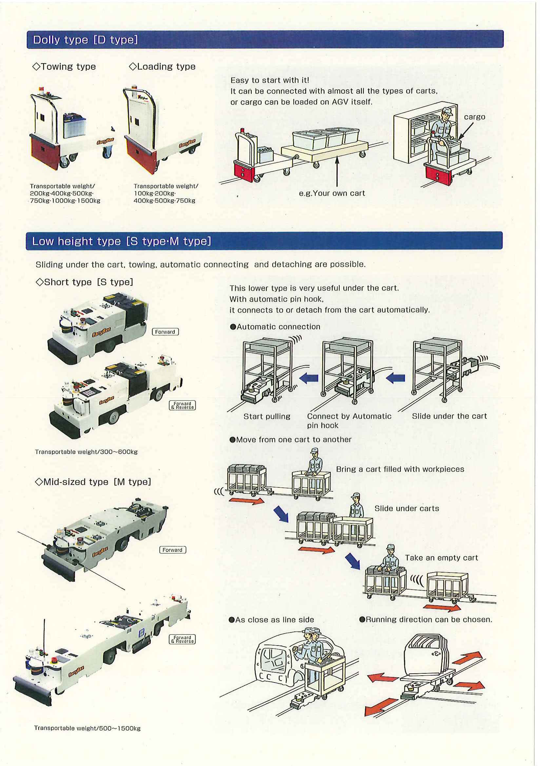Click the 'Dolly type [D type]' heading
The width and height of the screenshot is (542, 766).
(x=85, y=40)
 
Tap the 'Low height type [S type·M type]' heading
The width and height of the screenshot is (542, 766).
(x=121, y=241)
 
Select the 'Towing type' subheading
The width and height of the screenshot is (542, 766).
(x=64, y=66)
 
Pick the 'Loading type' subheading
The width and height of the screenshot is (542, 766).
(x=162, y=66)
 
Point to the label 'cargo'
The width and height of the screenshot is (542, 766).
(x=474, y=117)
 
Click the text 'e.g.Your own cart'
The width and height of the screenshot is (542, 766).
(x=332, y=193)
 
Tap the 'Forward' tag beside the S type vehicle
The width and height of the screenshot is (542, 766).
(x=165, y=332)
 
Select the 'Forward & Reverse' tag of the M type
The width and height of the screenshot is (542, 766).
(x=182, y=639)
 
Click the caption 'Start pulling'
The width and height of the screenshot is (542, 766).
(x=267, y=416)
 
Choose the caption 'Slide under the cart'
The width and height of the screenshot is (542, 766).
(x=449, y=416)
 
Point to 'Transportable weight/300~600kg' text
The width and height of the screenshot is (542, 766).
(x=86, y=452)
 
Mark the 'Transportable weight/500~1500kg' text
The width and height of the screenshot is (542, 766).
(x=87, y=728)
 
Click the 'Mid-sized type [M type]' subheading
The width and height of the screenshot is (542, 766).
(x=93, y=482)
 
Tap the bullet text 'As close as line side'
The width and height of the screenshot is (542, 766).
(x=272, y=620)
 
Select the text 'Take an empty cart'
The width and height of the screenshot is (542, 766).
(x=441, y=557)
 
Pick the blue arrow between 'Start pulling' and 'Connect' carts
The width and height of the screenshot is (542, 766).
(x=309, y=378)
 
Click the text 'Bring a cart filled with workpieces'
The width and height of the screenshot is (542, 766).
(x=400, y=469)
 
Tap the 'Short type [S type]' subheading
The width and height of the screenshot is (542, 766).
(x=84, y=282)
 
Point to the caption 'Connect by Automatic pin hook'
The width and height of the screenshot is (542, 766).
(x=349, y=420)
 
